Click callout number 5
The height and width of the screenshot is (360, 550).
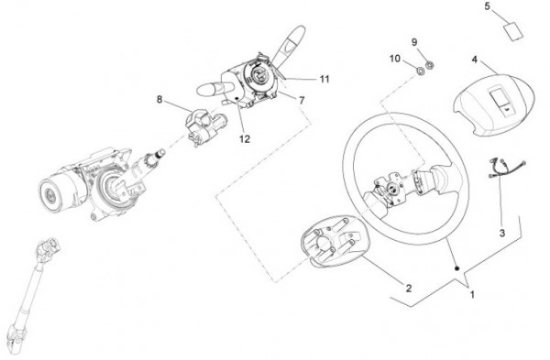coord(488,6)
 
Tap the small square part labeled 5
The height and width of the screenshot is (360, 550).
coord(513,32)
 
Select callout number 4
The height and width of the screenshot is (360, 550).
coord(474,60)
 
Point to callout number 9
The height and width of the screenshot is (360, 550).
coord(414,42)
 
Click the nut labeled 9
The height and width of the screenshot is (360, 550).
coord(429,65)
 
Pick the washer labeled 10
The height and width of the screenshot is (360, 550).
coord(420,71)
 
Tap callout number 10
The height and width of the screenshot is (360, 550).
coord(395,59)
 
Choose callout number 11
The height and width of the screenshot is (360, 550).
coord(324,79)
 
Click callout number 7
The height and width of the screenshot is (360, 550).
coord(302,100)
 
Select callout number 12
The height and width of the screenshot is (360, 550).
coord(245,139)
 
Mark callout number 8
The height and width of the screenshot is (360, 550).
coord(159,100)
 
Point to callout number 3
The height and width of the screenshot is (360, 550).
coord(502,233)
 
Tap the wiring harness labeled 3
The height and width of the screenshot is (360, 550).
coord(507,168)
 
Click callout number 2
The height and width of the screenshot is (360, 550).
coord(409,289)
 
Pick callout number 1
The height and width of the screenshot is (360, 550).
coord(472,295)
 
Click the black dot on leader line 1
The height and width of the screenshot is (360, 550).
coord(457,268)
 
